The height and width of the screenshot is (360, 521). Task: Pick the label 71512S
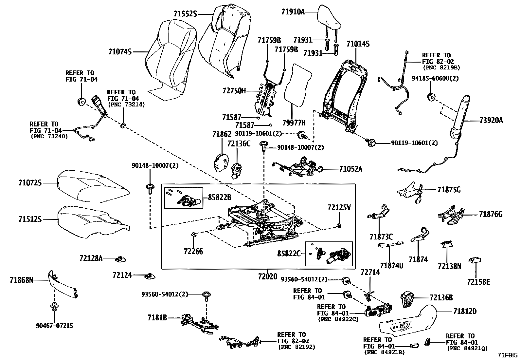tap(30, 219)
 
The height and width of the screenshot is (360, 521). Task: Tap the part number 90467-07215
tap(54, 326)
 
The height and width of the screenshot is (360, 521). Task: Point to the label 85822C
tap(289, 253)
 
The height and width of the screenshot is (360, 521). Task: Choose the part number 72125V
tap(339, 208)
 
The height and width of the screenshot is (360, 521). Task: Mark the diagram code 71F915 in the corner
tap(508, 355)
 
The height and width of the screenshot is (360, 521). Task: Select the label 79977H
tap(294, 123)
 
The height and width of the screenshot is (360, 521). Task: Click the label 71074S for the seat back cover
tap(120, 52)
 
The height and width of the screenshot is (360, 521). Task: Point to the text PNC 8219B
tap(441, 68)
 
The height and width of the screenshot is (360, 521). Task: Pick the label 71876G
tap(491, 215)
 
